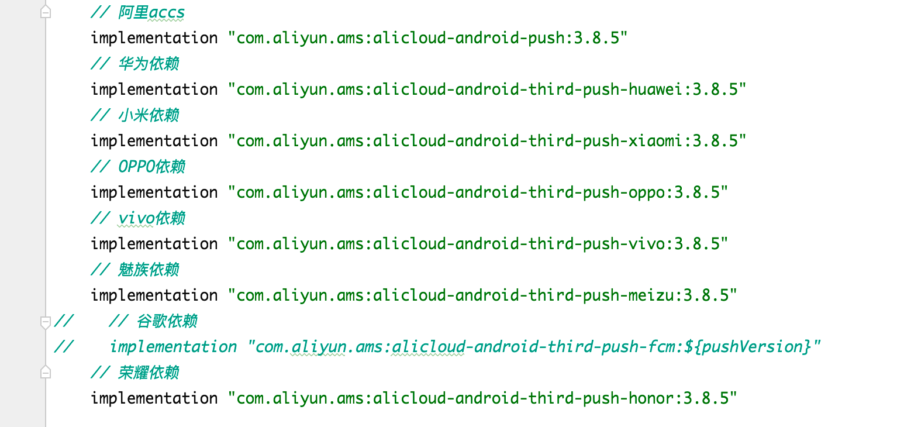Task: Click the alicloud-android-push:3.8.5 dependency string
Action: tap(428, 38)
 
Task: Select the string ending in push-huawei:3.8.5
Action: tap(487, 89)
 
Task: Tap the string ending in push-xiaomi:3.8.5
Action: tap(487, 141)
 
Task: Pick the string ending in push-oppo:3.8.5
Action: tap(478, 192)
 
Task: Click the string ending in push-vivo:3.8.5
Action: tap(478, 244)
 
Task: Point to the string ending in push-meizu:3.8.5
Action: tap(482, 295)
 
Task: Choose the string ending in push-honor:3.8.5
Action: tap(482, 398)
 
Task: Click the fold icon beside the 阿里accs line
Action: tap(46, 13)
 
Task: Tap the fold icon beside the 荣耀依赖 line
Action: tap(46, 373)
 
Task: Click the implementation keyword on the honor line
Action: tap(154, 398)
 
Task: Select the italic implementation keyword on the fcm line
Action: tap(173, 347)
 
